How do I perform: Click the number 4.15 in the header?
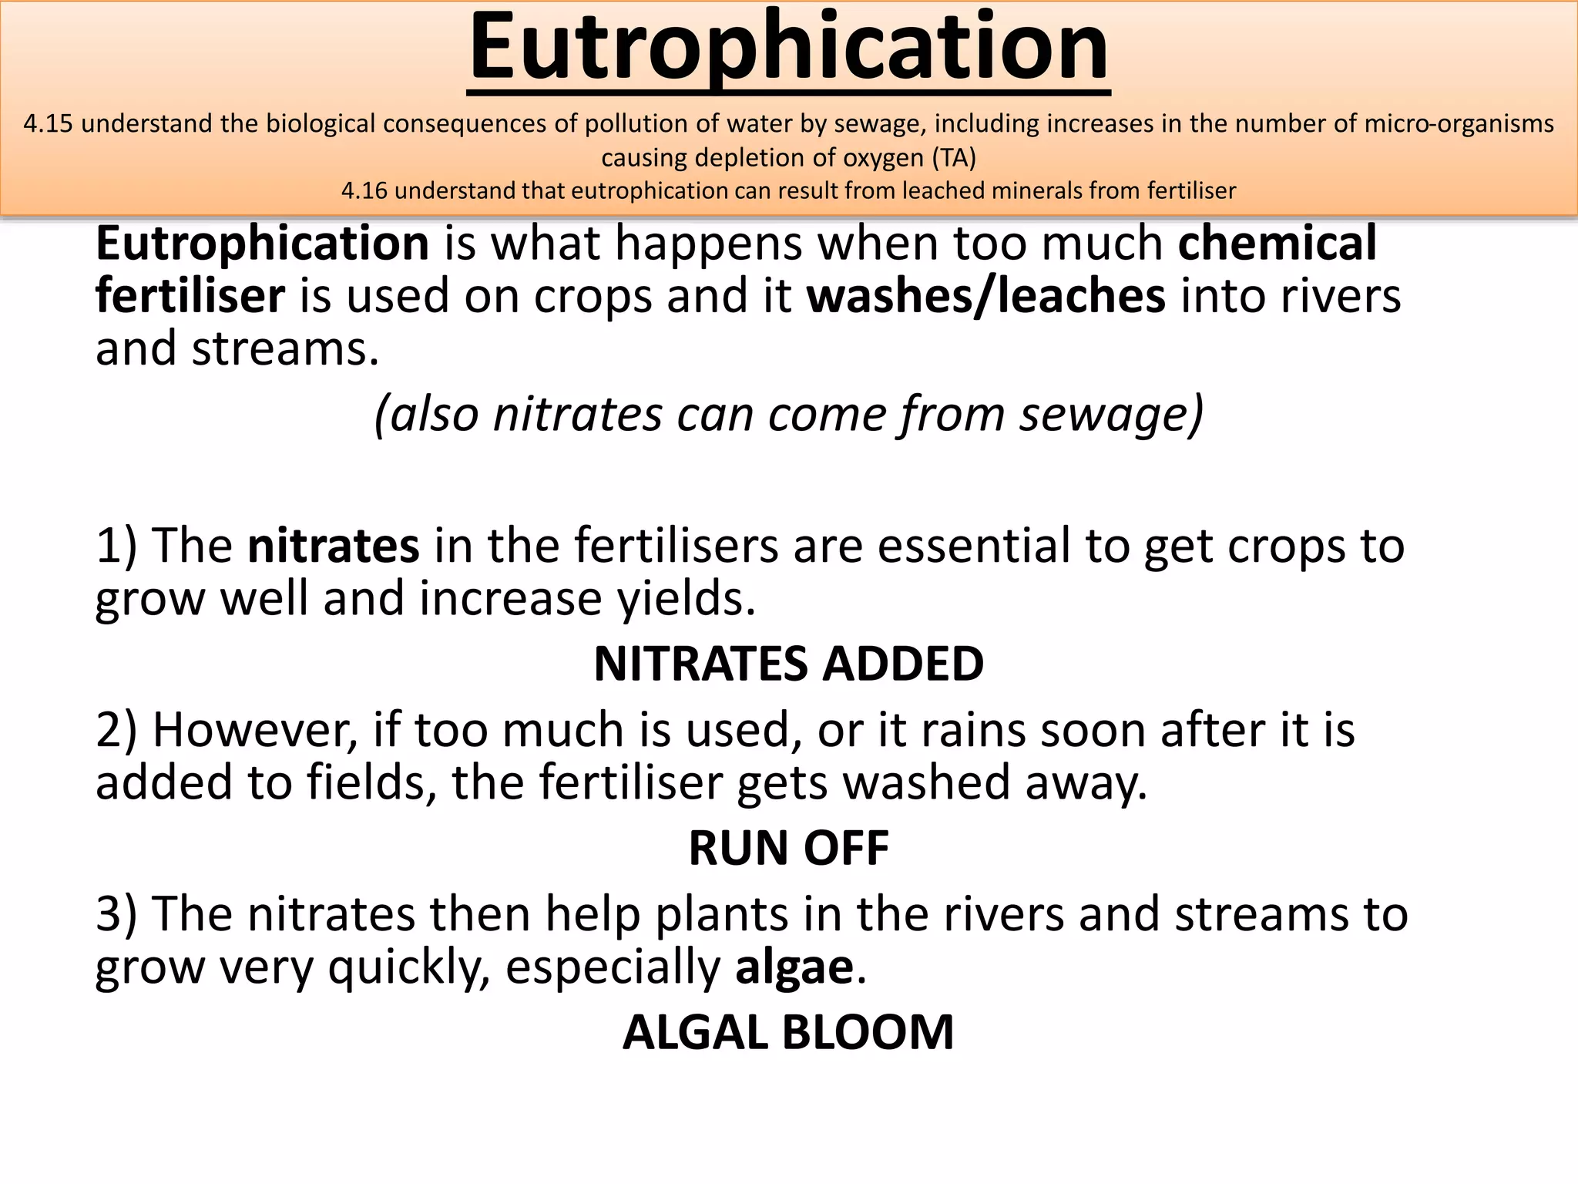[x=48, y=124]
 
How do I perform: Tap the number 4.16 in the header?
[x=364, y=191]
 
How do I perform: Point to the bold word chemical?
[x=1277, y=244]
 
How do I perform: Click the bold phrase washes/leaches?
[x=985, y=297]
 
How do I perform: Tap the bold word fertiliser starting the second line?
[x=190, y=297]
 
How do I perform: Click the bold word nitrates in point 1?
[x=333, y=546]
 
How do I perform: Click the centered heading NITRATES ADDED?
[x=788, y=664]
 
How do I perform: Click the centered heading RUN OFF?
[x=788, y=849]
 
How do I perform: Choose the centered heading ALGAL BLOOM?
[x=788, y=1033]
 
